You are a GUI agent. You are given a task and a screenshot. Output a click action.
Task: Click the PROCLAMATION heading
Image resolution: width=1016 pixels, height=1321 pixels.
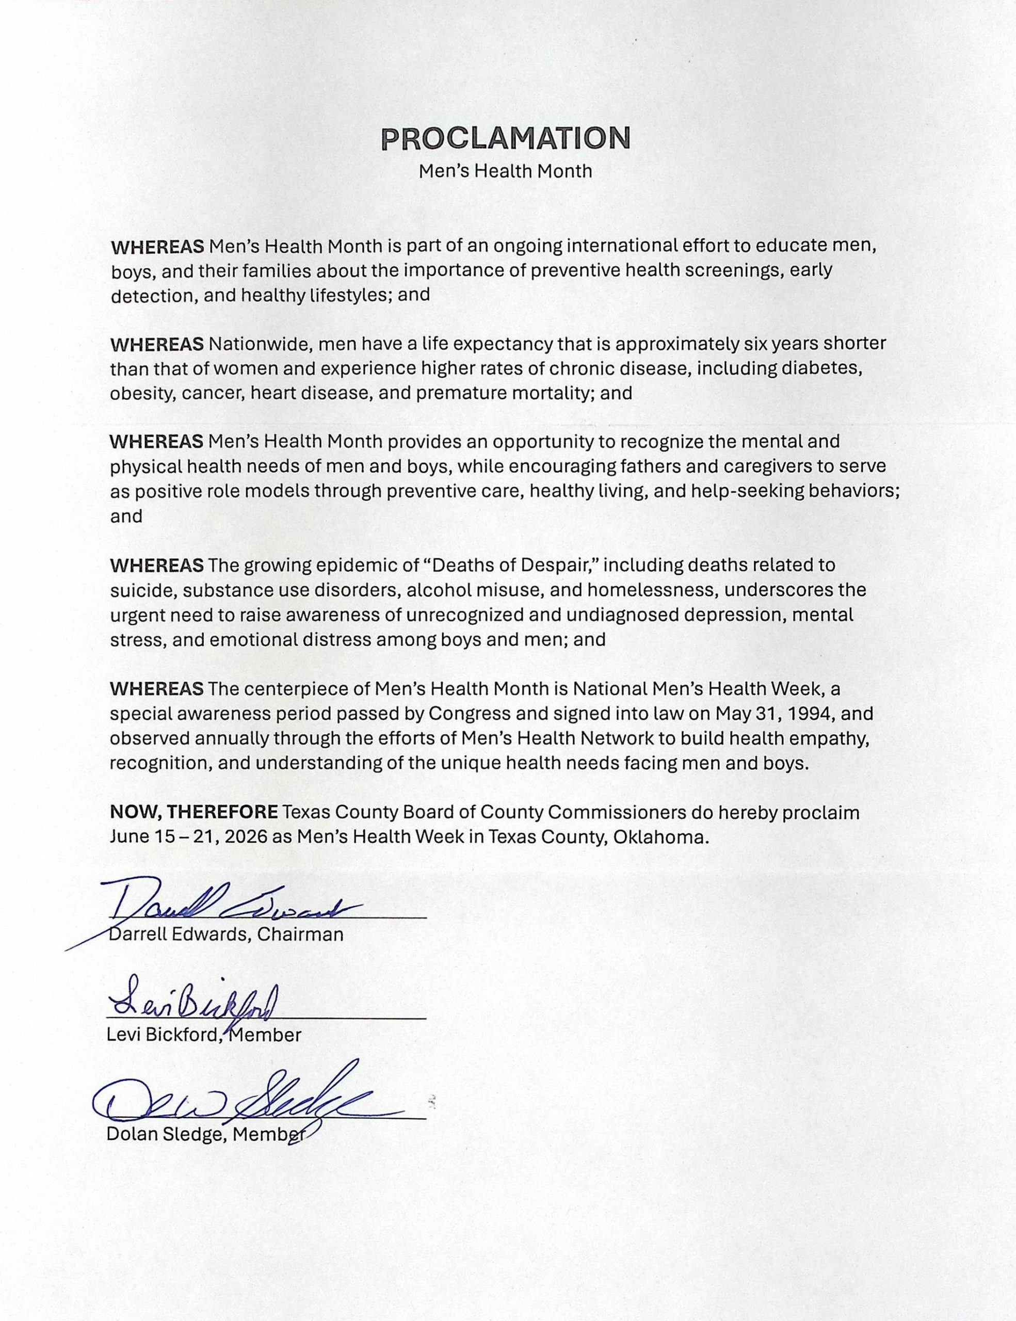pyautogui.click(x=506, y=138)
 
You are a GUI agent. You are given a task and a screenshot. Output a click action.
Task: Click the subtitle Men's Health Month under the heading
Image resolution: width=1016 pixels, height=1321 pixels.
pyautogui.click(x=506, y=171)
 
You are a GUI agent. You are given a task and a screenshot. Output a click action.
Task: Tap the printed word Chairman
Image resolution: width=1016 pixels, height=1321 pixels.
pyautogui.click(x=300, y=935)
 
